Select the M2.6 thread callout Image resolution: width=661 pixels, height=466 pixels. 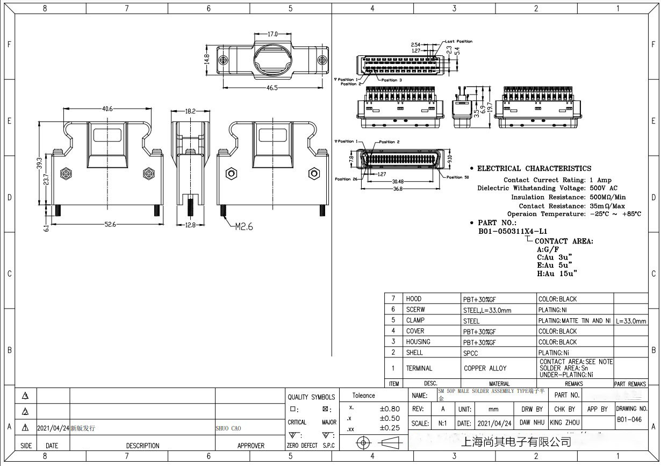tap(243, 226)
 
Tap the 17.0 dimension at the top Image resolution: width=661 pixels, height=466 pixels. tap(272, 34)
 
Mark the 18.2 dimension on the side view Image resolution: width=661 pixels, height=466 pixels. tap(190, 111)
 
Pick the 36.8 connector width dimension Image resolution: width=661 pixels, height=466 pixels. tap(397, 189)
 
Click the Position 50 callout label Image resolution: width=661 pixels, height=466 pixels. tap(457, 177)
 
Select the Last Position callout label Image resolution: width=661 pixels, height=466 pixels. tap(459, 41)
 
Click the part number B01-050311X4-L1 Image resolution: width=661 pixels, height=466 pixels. tap(512, 232)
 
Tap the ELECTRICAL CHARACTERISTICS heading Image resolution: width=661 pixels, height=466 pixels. tap(534, 168)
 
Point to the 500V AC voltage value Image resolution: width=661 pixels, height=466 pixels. tap(603, 188)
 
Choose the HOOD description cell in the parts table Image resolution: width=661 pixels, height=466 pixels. tap(414, 299)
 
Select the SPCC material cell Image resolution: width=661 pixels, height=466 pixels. tap(470, 353)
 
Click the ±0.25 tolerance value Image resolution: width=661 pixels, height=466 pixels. tap(390, 428)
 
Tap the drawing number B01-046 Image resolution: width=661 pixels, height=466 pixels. tap(629, 420)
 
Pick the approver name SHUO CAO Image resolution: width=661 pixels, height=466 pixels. tap(228, 428)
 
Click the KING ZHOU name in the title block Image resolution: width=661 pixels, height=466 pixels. tap(564, 423)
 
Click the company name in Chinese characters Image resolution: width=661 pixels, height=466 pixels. tap(516, 442)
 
